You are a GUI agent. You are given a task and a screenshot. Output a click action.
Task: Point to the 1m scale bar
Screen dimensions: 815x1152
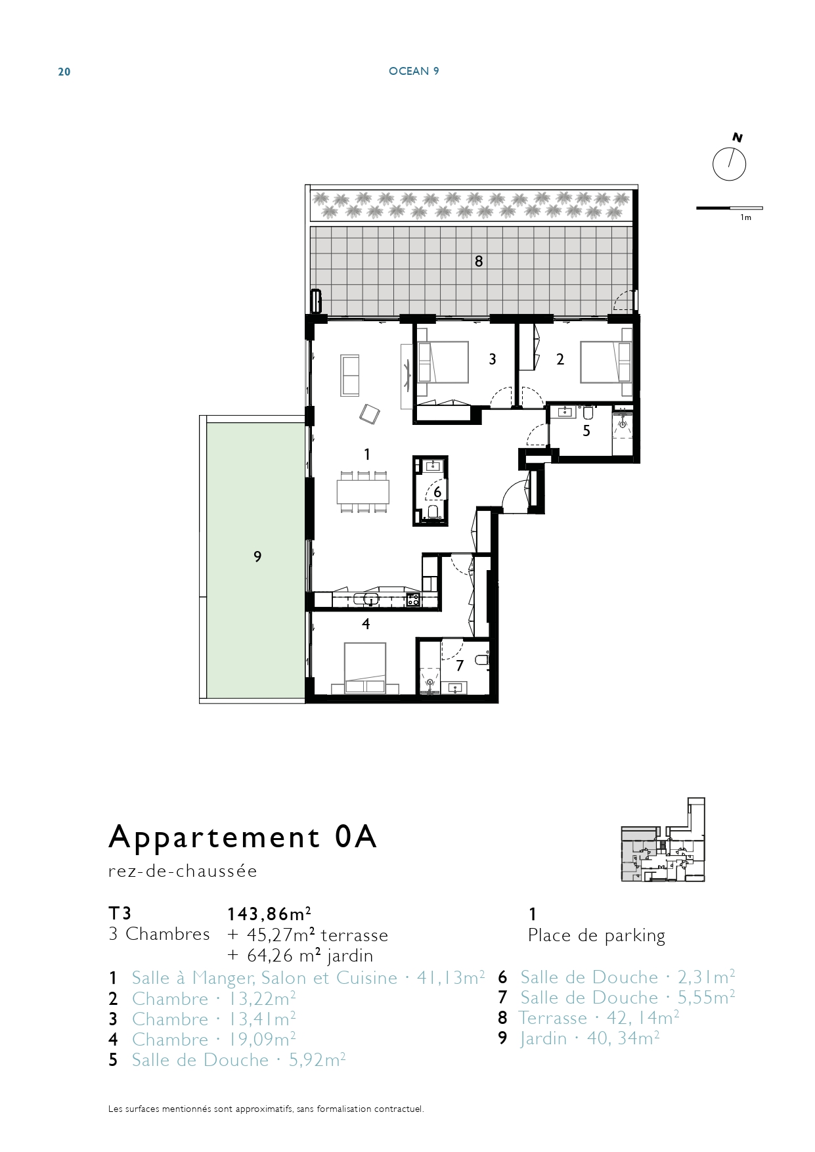pyautogui.click(x=729, y=208)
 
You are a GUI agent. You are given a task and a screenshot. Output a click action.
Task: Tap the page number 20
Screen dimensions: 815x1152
pyautogui.click(x=64, y=72)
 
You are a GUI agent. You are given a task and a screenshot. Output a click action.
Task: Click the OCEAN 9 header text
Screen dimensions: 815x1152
pyautogui.click(x=414, y=71)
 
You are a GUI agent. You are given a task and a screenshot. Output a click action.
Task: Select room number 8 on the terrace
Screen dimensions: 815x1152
pyautogui.click(x=479, y=261)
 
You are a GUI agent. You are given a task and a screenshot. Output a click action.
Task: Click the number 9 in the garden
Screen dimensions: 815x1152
pyautogui.click(x=257, y=557)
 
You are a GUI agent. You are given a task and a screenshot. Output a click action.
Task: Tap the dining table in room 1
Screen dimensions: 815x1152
pyautogui.click(x=363, y=491)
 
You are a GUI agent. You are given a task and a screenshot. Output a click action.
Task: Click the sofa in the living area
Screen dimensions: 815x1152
pyautogui.click(x=350, y=375)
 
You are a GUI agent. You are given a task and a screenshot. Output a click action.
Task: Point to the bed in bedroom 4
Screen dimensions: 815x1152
pyautogui.click(x=365, y=668)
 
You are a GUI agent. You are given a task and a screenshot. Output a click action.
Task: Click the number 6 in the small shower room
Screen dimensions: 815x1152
pyautogui.click(x=437, y=492)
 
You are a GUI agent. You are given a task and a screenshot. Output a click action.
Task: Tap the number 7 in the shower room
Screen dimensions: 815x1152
pyautogui.click(x=460, y=666)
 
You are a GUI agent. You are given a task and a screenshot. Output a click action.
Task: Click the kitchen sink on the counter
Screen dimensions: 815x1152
pyautogui.click(x=366, y=599)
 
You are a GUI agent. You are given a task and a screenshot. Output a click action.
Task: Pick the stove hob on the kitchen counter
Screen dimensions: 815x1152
pyautogui.click(x=413, y=599)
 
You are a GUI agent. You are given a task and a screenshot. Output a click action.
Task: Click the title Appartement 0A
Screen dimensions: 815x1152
pyautogui.click(x=242, y=837)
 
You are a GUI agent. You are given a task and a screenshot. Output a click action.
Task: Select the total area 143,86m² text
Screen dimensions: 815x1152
pyautogui.click(x=269, y=914)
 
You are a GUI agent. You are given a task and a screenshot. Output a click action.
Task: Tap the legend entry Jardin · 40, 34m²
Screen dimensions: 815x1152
pyautogui.click(x=589, y=1038)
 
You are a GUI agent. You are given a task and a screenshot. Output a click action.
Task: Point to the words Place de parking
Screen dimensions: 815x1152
pyautogui.click(x=596, y=935)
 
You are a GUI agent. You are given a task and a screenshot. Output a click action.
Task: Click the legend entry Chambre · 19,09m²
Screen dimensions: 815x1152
pyautogui.click(x=213, y=1040)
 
